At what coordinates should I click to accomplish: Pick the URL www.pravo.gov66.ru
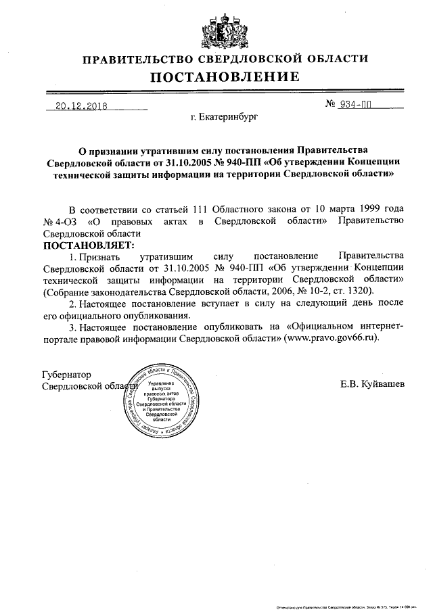tap(332, 337)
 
